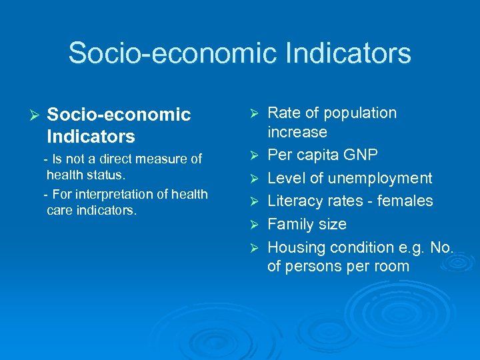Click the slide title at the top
pyautogui.click(x=239, y=53)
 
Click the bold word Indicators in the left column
pyautogui.click(x=91, y=137)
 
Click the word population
pyautogui.click(x=361, y=113)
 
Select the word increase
pyautogui.click(x=297, y=132)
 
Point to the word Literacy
pyautogui.click(x=294, y=201)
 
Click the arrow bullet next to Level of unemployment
pyautogui.click(x=253, y=179)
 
